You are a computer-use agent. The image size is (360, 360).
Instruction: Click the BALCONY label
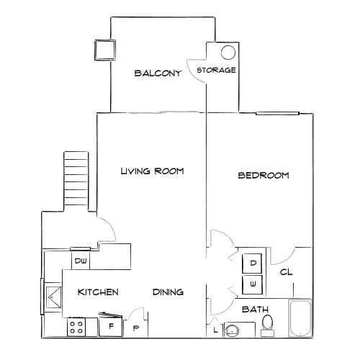157,73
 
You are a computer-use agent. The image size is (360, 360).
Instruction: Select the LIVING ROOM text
152,171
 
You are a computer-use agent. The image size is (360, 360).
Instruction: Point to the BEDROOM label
264,175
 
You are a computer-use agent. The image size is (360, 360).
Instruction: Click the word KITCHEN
98,292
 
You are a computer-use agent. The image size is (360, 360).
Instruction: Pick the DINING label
168,292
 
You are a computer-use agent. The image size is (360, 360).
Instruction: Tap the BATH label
256,310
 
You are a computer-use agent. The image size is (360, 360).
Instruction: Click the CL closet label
286,273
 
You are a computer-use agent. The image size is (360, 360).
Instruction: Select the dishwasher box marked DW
79,261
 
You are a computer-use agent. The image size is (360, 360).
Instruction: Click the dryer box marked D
253,264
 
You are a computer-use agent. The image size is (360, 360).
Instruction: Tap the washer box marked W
253,284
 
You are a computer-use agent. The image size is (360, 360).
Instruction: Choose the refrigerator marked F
111,326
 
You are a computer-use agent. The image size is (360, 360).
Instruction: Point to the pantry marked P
136,328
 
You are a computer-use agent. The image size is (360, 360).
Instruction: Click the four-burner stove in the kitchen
77,328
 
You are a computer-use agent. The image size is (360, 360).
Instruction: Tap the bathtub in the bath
300,319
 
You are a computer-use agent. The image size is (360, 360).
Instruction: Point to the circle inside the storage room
228,53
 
